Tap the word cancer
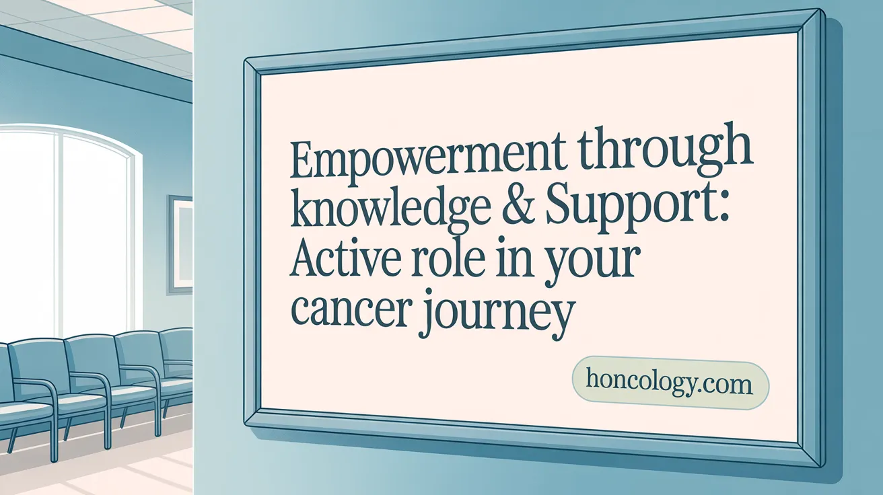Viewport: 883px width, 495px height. (x=349, y=311)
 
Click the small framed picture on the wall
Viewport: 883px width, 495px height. (x=180, y=243)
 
